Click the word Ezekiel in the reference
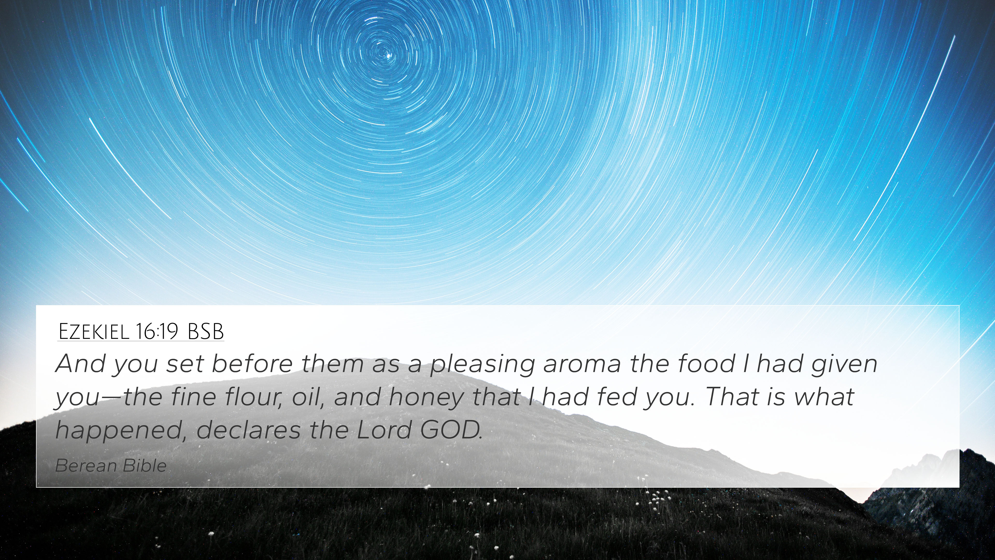coord(93,331)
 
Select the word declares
coord(248,430)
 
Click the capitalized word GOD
coord(451,430)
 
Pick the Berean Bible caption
coord(111,466)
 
